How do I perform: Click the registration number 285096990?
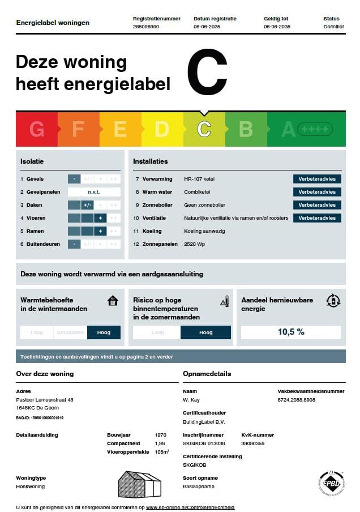[145, 27]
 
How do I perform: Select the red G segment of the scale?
[37, 130]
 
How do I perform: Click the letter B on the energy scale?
[246, 130]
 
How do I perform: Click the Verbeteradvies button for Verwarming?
[317, 179]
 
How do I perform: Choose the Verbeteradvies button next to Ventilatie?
[317, 218]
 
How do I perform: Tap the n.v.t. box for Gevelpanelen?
[94, 192]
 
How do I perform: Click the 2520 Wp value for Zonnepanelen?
[195, 244]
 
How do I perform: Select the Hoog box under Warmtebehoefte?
[104, 332]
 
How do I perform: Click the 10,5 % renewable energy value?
[291, 332]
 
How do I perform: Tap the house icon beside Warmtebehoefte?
[113, 300]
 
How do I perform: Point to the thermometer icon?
[225, 301]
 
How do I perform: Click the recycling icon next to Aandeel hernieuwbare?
[333, 301]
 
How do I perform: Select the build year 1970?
[160, 435]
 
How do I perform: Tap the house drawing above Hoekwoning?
[140, 484]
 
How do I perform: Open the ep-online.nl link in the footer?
[190, 507]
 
